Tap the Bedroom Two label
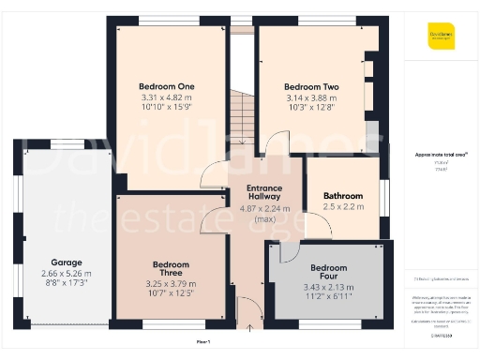pos(311,86)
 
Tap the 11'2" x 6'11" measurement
pos(328,296)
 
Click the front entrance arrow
pos(249,328)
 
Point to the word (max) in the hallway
pos(264,218)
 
